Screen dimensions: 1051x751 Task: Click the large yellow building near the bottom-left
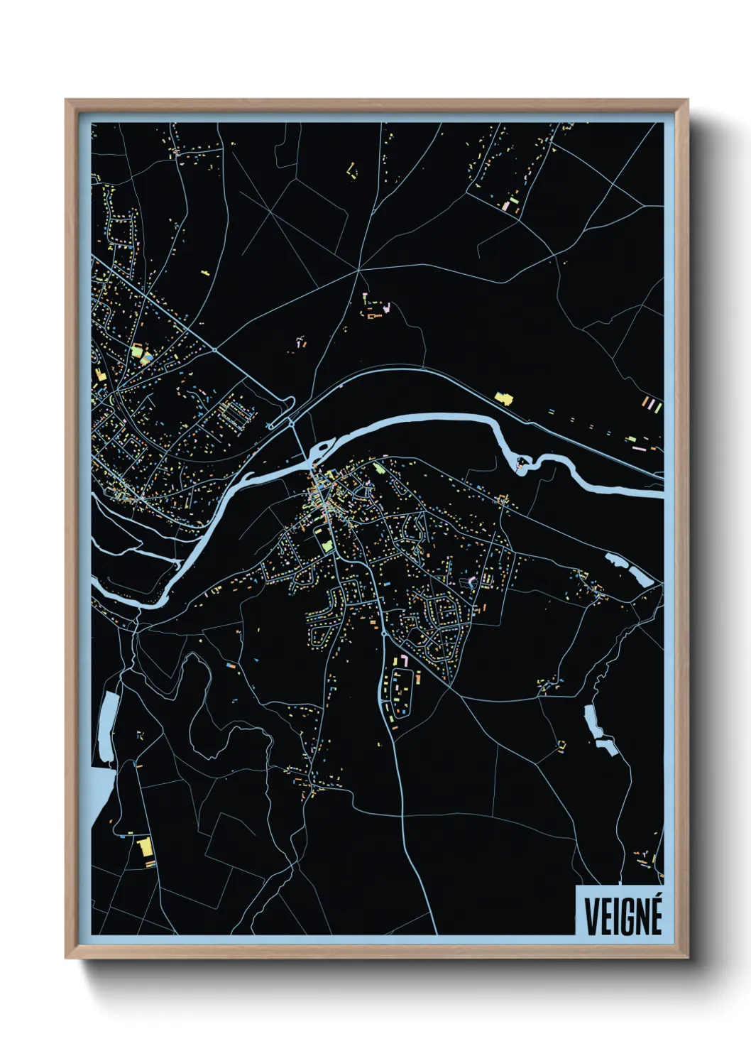(x=145, y=848)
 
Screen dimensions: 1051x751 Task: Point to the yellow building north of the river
(x=503, y=398)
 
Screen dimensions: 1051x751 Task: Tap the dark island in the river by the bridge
(x=322, y=449)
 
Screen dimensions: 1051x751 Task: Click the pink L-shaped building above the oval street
(x=402, y=660)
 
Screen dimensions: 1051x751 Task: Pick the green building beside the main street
(x=327, y=545)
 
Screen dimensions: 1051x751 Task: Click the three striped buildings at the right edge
(x=652, y=405)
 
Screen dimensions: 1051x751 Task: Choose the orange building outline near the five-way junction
(x=374, y=315)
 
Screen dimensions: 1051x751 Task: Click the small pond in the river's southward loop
(x=522, y=465)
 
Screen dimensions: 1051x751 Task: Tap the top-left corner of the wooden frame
(x=68, y=102)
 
